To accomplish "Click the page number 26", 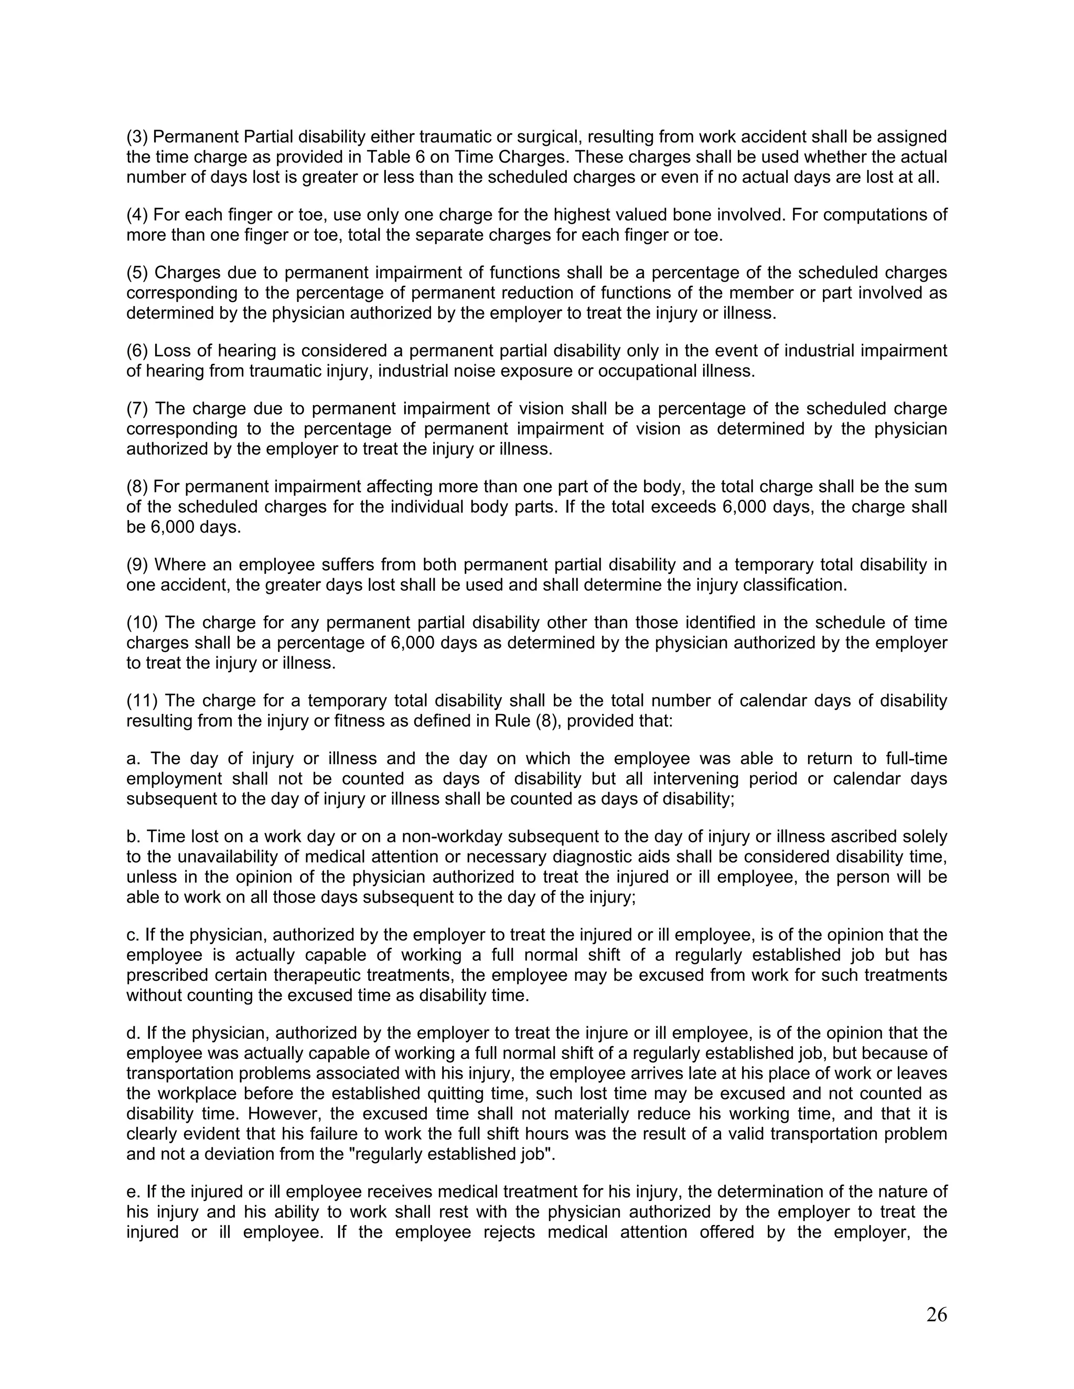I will pos(936,1315).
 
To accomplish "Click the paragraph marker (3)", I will pos(137,137).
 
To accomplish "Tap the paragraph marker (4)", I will pos(137,215).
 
